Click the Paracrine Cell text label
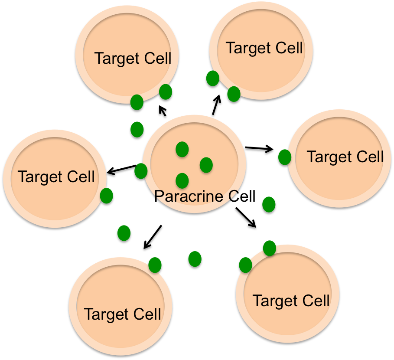(205, 196)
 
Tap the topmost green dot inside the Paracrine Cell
(182, 149)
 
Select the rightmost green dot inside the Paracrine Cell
(206, 165)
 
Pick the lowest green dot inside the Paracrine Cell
(182, 180)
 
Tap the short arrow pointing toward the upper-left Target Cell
(162, 112)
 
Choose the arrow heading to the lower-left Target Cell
(151, 238)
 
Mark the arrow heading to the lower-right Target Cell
(246, 218)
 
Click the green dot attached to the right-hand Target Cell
(284, 157)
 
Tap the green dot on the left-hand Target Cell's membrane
(107, 196)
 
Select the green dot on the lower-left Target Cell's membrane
(155, 265)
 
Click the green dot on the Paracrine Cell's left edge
(140, 171)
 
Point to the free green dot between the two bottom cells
(195, 259)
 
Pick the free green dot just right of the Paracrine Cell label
(269, 204)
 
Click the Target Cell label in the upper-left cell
(133, 59)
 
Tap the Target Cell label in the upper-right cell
(264, 48)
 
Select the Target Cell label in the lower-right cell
(291, 301)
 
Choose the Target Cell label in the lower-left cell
(123, 314)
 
